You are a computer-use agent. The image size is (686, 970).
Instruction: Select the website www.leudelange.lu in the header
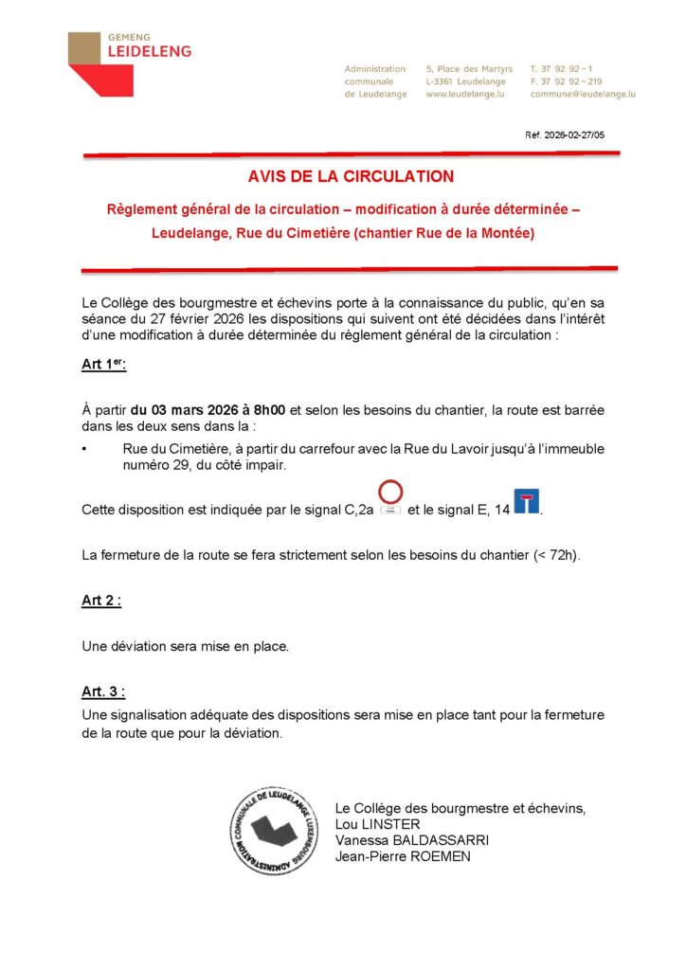point(463,95)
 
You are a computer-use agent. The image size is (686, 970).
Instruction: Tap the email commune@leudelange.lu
point(583,95)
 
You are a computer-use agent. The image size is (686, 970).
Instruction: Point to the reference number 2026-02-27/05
point(565,135)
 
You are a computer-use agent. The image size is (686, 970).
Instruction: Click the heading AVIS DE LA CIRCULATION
point(351,176)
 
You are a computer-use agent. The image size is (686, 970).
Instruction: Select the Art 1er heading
point(103,365)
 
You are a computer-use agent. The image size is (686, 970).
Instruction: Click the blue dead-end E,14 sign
point(526,501)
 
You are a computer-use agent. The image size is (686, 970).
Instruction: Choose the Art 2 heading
point(101,601)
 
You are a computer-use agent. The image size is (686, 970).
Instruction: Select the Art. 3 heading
point(103,692)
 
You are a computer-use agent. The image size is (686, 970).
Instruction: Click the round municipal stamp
point(274,831)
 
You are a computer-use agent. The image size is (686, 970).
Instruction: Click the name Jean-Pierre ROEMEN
point(403,856)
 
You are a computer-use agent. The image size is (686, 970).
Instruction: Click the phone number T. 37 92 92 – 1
point(562,69)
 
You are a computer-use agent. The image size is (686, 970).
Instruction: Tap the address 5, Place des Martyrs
point(469,69)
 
